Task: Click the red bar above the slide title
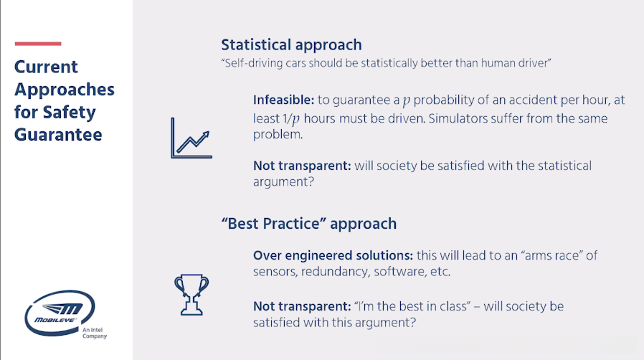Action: (x=38, y=44)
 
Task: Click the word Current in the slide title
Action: (x=46, y=67)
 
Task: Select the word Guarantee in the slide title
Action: (x=58, y=135)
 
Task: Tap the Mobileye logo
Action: (x=60, y=313)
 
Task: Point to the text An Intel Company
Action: (x=95, y=333)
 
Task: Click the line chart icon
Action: (x=191, y=138)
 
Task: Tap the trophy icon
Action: (x=191, y=295)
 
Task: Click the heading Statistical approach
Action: (x=292, y=44)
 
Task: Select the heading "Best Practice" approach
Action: (x=309, y=224)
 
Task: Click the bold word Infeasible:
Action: (x=283, y=100)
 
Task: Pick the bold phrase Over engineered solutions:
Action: (x=333, y=255)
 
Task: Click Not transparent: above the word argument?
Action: (x=302, y=166)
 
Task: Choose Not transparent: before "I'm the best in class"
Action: (x=302, y=307)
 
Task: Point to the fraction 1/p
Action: (x=290, y=119)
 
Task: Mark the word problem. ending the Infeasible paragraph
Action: (x=278, y=135)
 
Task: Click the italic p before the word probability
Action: (x=406, y=100)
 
